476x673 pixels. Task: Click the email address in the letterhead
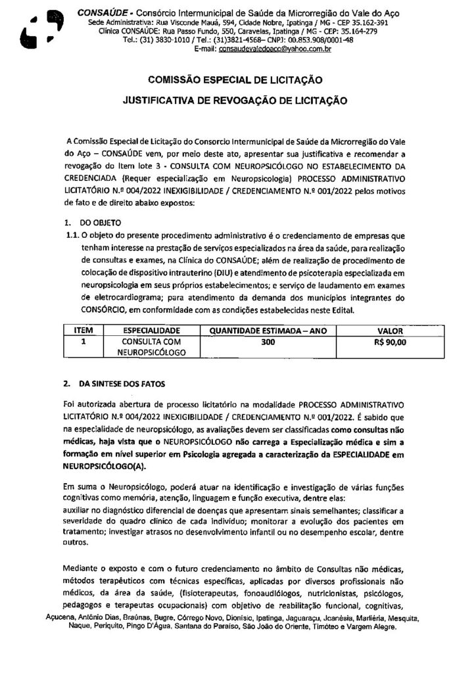click(x=275, y=49)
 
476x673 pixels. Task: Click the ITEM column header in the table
click(x=82, y=331)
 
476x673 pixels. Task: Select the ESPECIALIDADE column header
click(x=149, y=331)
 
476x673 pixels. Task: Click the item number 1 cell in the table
click(x=82, y=342)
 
